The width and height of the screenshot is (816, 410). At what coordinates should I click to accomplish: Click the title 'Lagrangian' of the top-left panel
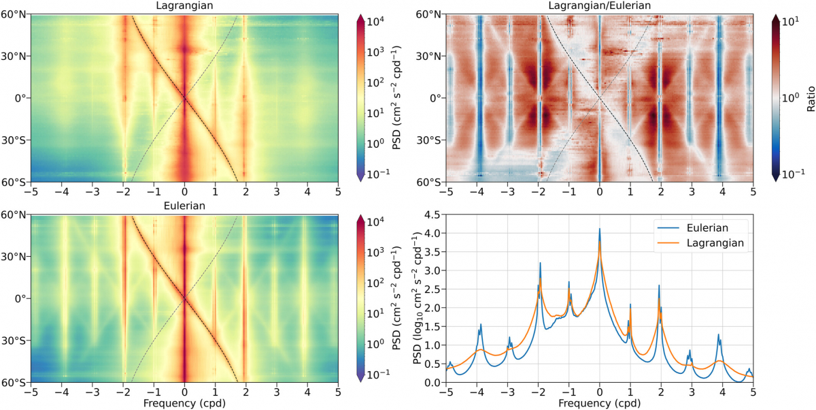(184, 6)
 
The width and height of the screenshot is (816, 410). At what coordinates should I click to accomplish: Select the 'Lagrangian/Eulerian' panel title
(599, 6)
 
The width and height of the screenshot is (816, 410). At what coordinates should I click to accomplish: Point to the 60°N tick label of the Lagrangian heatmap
(14, 14)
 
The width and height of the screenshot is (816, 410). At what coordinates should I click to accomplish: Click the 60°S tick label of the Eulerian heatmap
(14, 383)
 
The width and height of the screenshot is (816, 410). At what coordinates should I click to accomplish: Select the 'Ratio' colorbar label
(811, 98)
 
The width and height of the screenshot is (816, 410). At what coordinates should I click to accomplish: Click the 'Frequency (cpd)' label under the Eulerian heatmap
(184, 403)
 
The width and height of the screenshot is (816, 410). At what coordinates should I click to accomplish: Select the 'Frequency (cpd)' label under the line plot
(599, 403)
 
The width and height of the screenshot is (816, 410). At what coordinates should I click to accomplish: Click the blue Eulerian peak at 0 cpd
(599, 230)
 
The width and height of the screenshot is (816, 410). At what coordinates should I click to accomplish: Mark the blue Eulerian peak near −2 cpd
(540, 263)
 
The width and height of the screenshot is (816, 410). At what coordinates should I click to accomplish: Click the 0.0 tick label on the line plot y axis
(431, 383)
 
